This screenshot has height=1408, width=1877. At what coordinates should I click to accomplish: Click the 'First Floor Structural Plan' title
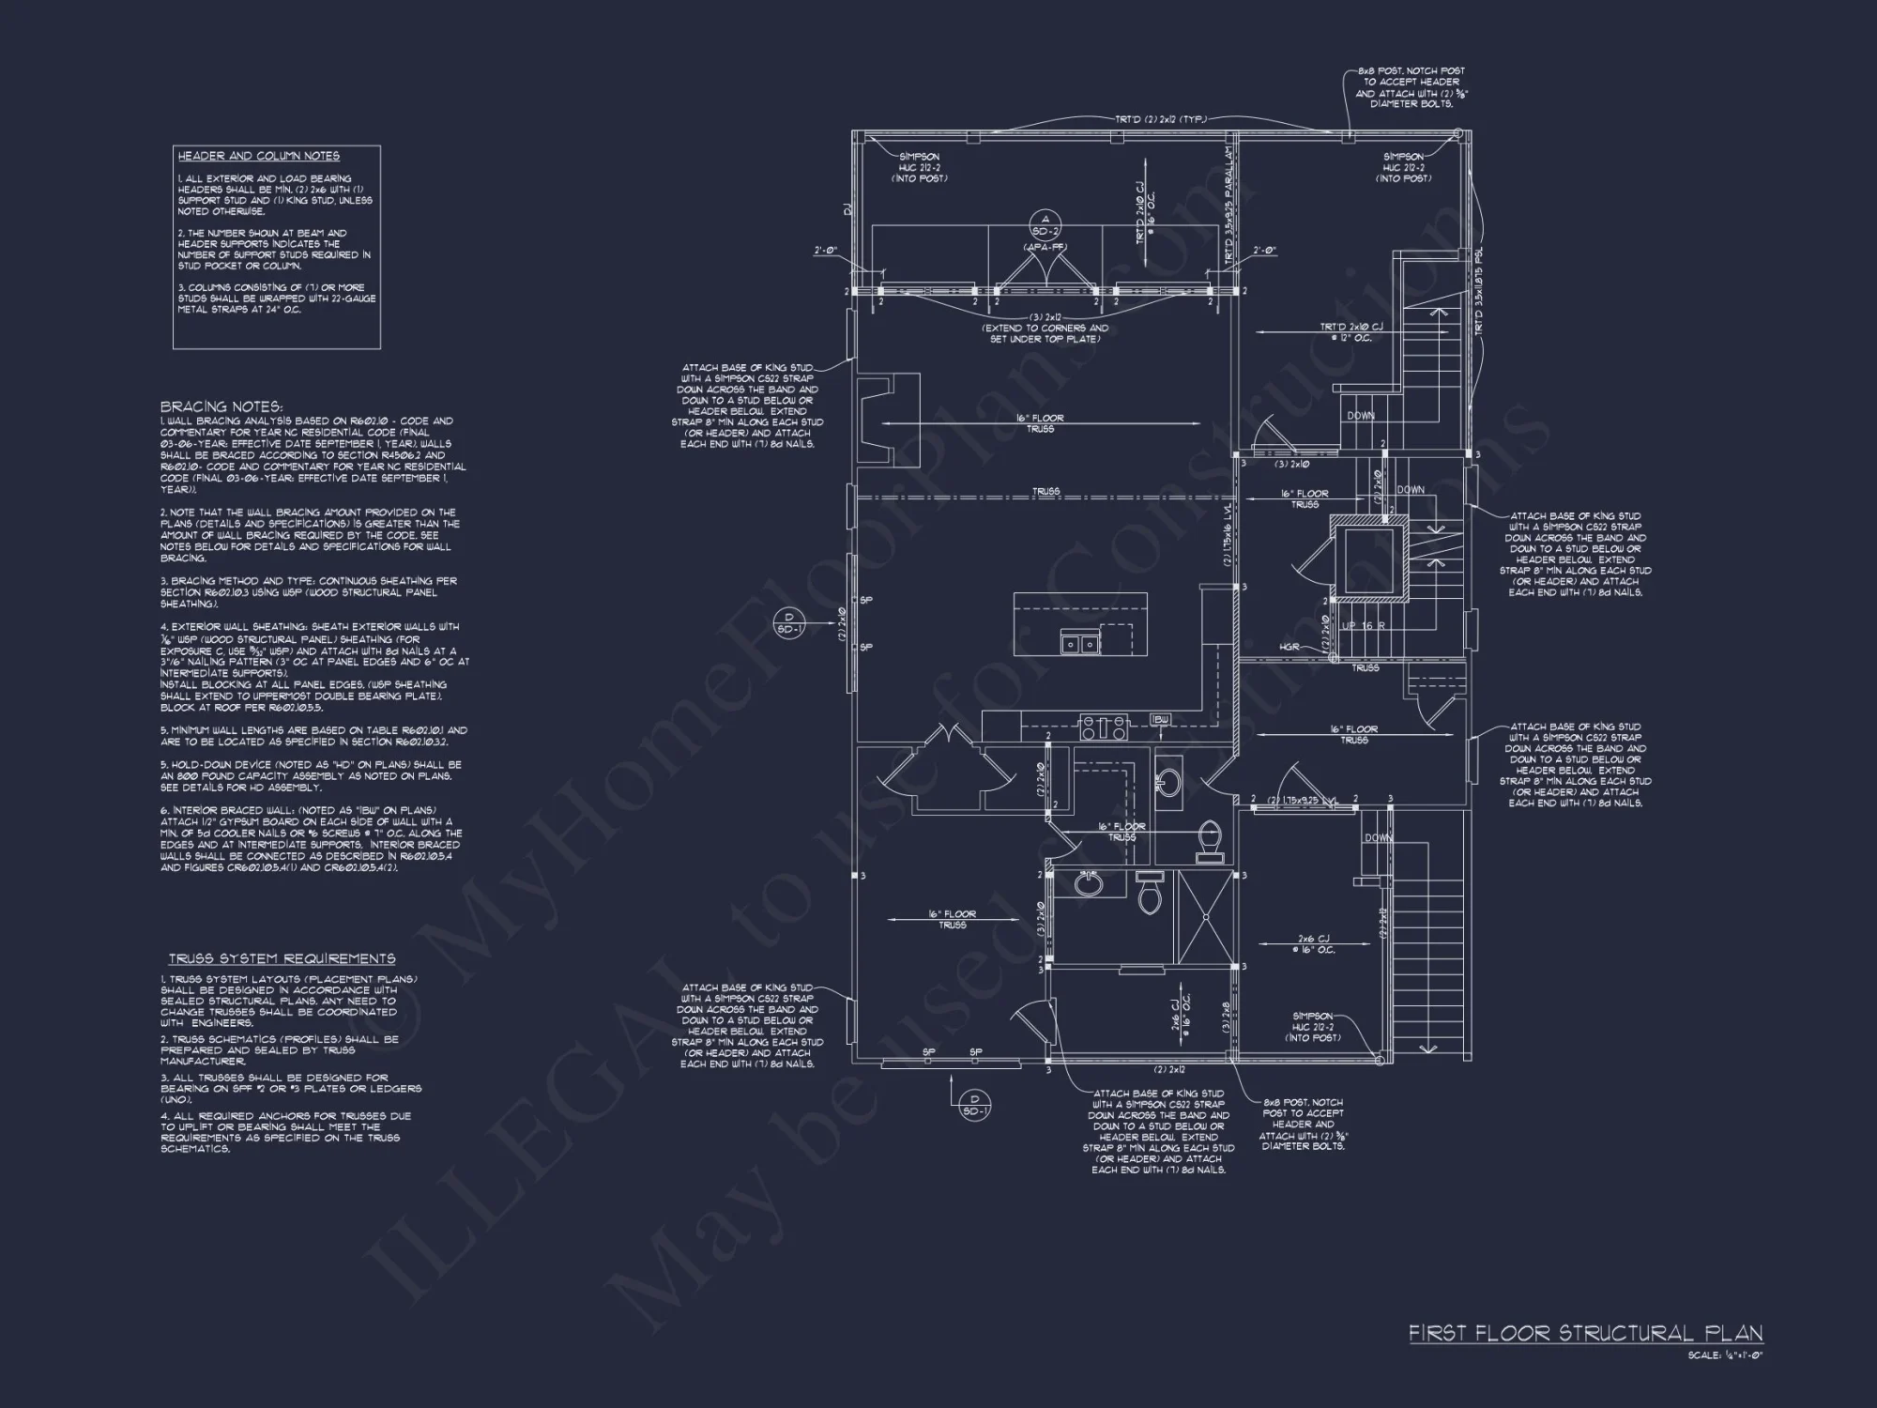(1585, 1334)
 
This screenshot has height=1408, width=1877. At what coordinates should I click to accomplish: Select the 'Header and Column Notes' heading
(259, 156)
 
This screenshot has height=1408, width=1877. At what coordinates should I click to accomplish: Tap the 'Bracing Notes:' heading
(221, 406)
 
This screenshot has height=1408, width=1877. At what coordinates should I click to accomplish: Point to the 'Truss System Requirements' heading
(282, 958)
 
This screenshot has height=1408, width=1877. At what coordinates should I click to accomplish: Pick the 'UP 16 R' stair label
(1364, 625)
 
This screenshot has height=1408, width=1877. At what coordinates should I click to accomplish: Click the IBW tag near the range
(1161, 719)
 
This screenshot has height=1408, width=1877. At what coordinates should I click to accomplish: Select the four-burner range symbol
(1104, 726)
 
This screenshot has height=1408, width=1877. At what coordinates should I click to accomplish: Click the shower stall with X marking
(1204, 918)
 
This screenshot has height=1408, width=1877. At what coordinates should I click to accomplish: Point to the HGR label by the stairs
(1289, 647)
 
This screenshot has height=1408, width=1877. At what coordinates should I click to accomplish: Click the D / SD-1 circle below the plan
(974, 1105)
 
